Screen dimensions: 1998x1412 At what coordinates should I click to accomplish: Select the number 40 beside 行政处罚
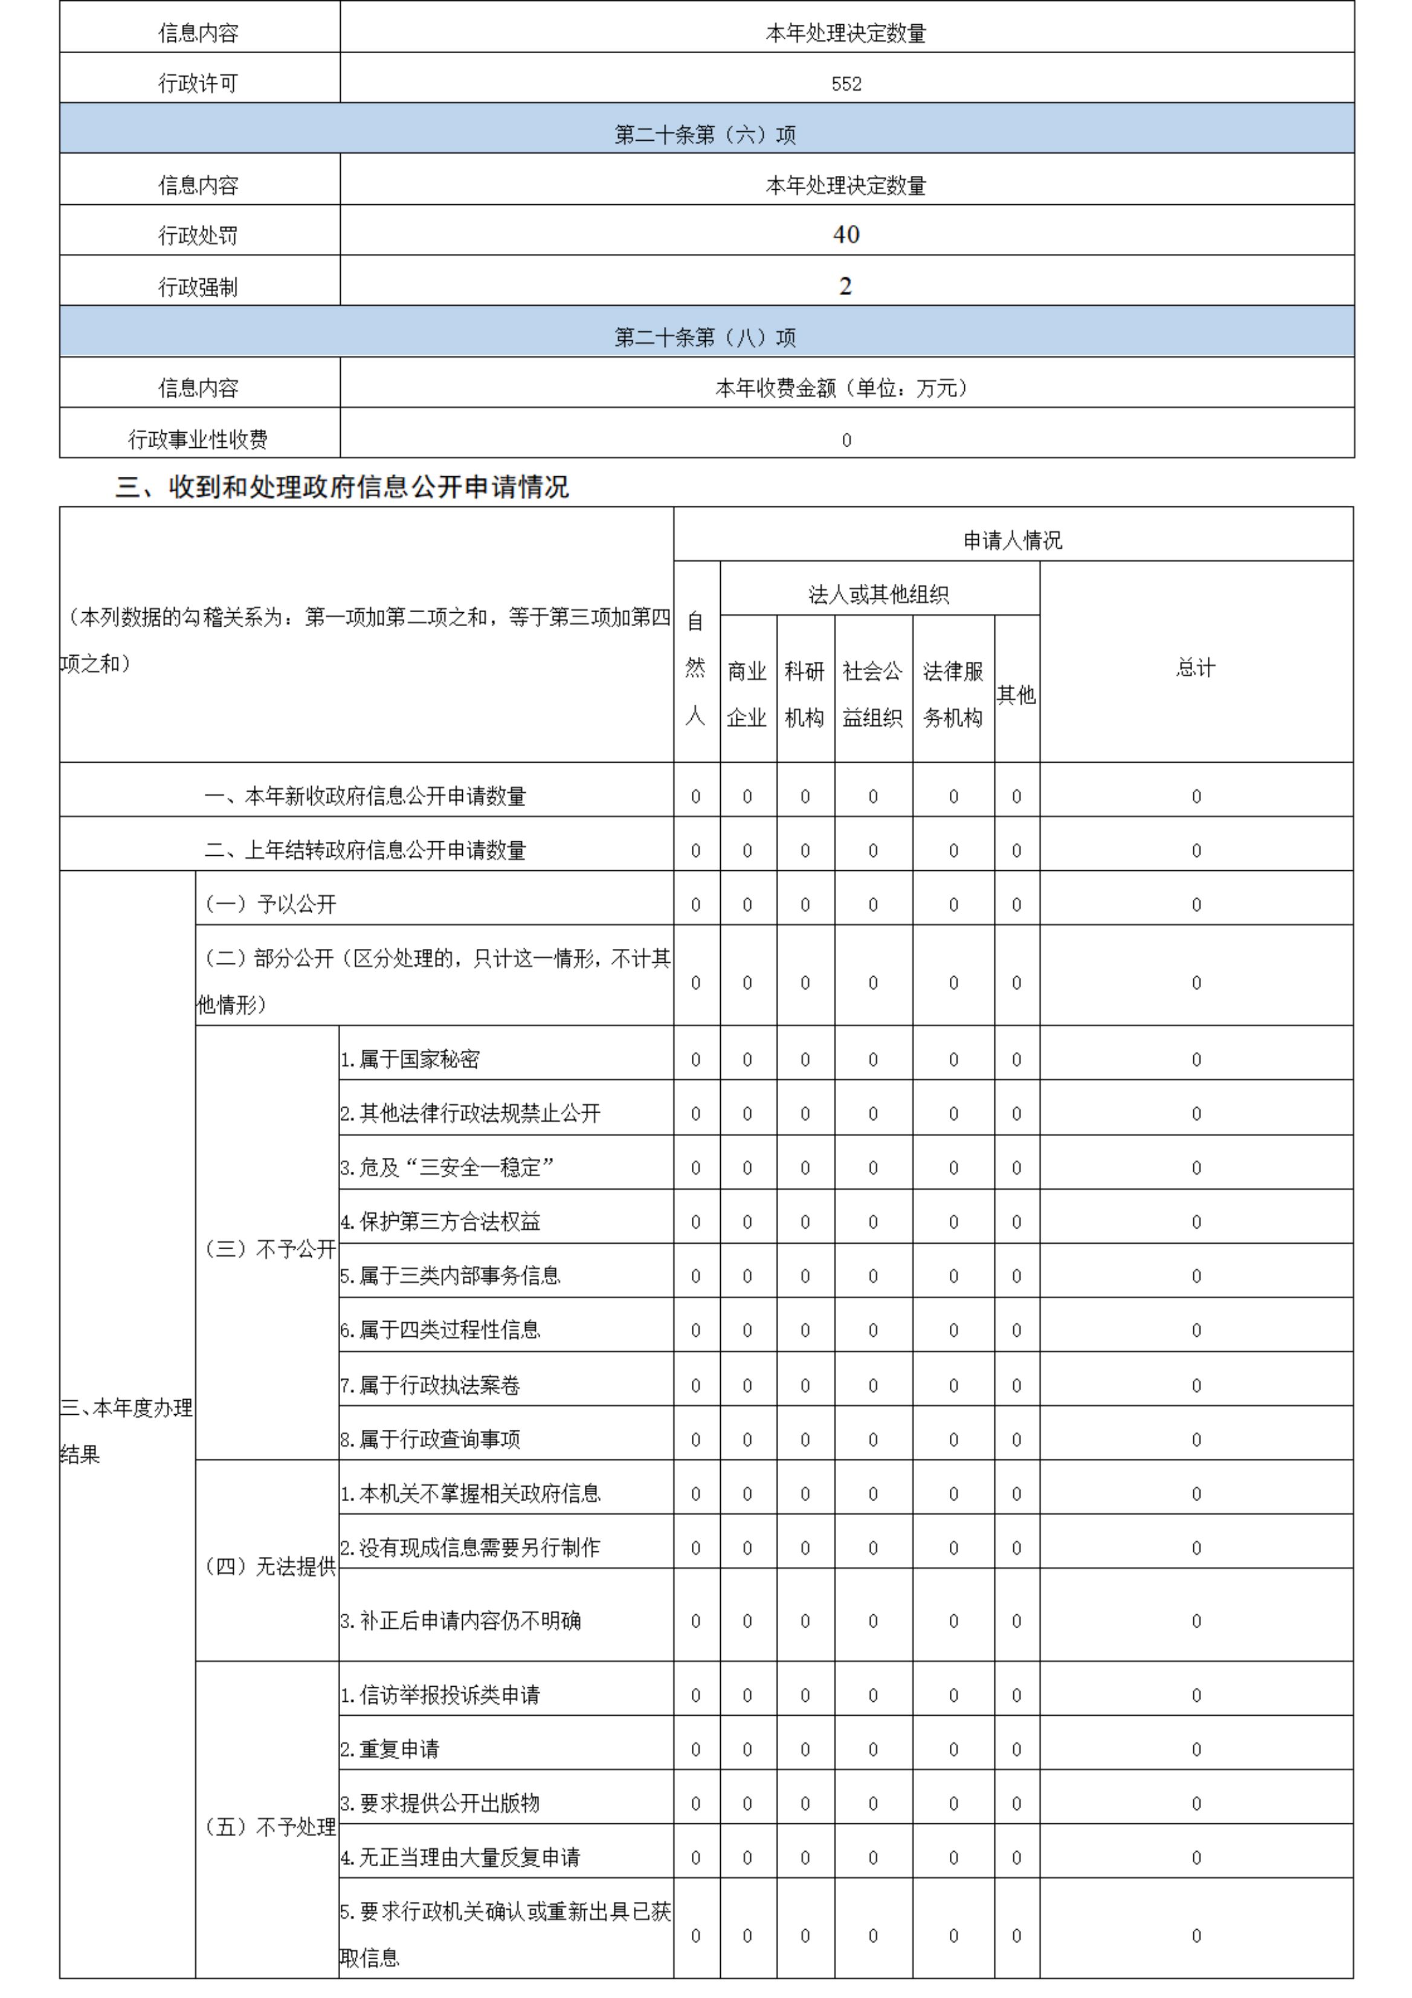846,234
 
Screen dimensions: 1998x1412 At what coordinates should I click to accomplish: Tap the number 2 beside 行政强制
846,286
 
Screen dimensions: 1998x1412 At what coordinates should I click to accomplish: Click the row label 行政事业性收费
198,439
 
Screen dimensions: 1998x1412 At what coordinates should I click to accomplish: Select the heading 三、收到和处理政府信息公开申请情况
342,487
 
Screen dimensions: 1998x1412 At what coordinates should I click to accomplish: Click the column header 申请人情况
1013,540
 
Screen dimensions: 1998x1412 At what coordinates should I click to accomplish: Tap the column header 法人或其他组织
878,594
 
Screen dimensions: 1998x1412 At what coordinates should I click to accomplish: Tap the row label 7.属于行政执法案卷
430,1385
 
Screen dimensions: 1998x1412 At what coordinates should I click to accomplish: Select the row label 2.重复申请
390,1748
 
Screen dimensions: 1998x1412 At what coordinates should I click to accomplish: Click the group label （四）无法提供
269,1566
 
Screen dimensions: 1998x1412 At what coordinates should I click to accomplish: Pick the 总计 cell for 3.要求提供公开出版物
1196,1803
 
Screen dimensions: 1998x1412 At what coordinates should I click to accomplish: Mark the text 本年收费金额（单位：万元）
844,388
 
